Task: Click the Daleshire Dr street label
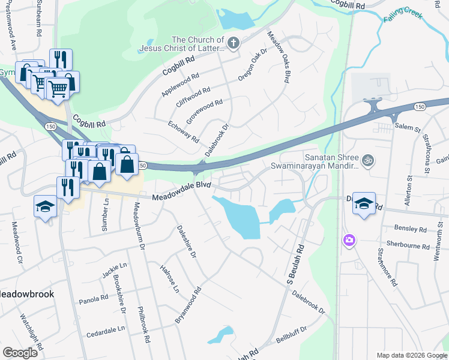point(186,242)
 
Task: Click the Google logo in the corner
point(20,353)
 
